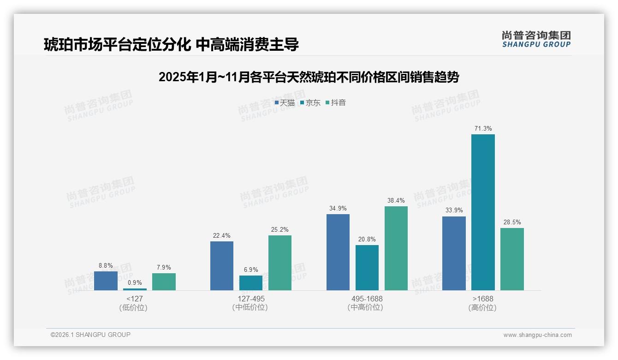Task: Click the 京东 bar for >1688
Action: [x=483, y=212]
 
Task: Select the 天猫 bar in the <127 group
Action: [x=106, y=281]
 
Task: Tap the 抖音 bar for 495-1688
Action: [x=396, y=248]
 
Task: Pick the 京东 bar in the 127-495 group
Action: [x=251, y=283]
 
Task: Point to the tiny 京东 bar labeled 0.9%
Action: [x=135, y=289]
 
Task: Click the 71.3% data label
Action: [x=483, y=128]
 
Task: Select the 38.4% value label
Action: [x=396, y=200]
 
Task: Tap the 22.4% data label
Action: [x=222, y=235]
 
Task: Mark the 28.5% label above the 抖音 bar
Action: [x=512, y=222]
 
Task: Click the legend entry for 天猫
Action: [x=285, y=102]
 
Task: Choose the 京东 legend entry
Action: [x=310, y=102]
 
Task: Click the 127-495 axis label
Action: [x=251, y=299]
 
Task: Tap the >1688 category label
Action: [x=483, y=299]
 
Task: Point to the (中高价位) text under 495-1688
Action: [x=367, y=307]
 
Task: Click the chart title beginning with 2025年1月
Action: [x=309, y=77]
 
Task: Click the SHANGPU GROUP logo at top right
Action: [x=536, y=39]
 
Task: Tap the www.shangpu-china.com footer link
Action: [x=537, y=335]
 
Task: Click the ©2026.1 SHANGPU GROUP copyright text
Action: [x=90, y=335]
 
